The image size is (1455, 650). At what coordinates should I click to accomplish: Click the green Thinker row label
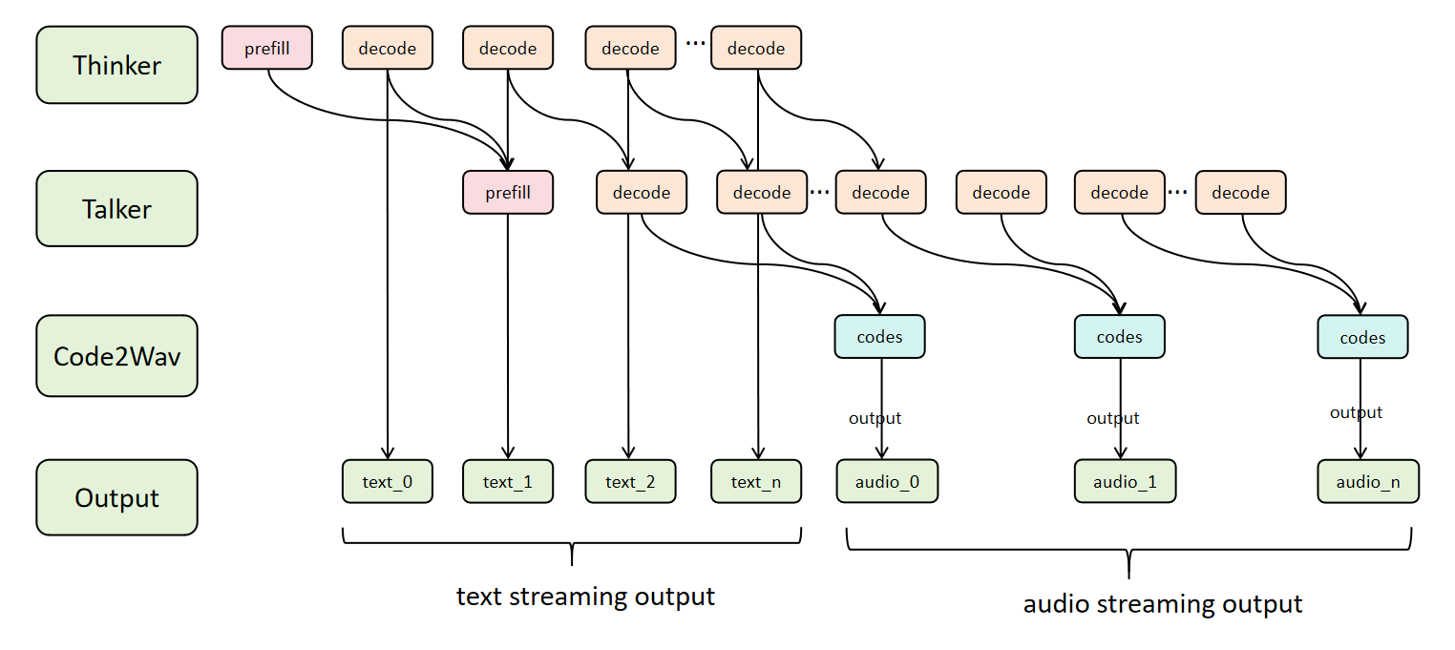point(116,65)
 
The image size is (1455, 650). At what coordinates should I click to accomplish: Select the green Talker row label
point(116,209)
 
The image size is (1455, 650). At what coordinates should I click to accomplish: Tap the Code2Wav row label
point(116,355)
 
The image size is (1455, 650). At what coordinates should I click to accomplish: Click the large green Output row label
point(116,497)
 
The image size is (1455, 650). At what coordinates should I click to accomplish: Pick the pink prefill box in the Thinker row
point(267,48)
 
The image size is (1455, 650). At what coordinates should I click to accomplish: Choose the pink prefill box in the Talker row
point(507,193)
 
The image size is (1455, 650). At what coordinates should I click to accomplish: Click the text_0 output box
point(387,481)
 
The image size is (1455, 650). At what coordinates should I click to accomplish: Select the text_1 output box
point(507,481)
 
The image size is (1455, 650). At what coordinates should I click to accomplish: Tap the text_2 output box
point(629,481)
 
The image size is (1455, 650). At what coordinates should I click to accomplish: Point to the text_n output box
point(755,481)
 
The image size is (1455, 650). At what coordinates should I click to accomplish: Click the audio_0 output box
point(887,481)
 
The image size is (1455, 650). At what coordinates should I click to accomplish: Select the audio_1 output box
point(1125,481)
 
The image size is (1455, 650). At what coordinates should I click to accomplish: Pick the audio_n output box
point(1367,481)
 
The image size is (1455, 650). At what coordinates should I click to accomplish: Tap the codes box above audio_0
point(879,337)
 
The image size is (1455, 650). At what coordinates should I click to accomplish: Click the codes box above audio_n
point(1362,338)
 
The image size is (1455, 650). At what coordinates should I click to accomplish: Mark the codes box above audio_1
point(1119,337)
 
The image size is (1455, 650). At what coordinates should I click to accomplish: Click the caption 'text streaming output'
point(585,597)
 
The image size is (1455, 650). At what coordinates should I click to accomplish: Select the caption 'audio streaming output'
point(1162,603)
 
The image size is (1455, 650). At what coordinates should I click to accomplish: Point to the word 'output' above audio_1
point(1112,418)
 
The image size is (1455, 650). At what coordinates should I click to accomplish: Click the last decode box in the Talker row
point(1239,193)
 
